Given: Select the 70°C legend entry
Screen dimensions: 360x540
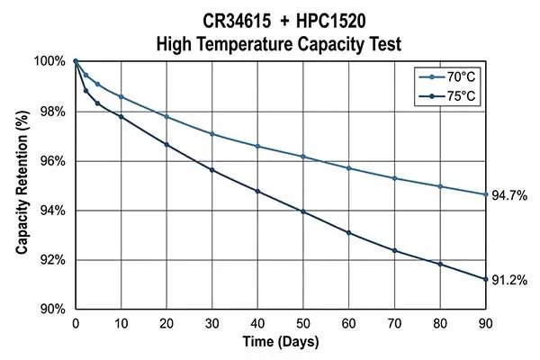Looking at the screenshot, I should click(x=453, y=77).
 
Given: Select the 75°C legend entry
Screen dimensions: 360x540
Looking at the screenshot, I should click(x=453, y=95).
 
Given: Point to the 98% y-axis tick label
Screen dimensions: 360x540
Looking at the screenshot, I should click(x=51, y=112).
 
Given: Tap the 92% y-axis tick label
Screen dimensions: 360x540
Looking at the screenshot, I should click(x=51, y=260).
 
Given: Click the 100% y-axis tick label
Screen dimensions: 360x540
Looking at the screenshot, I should click(x=49, y=62).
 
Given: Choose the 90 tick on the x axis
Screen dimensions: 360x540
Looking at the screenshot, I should click(x=486, y=323).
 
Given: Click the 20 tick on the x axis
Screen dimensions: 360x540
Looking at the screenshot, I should click(x=166, y=323).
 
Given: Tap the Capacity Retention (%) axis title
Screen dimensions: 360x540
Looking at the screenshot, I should click(x=21, y=184).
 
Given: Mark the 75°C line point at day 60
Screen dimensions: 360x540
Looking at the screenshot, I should click(x=349, y=233).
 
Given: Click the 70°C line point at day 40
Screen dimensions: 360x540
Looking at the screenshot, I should click(x=258, y=146).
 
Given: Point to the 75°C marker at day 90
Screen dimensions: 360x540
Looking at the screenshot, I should click(x=486, y=279).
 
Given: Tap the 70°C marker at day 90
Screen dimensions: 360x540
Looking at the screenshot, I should click(x=486, y=194).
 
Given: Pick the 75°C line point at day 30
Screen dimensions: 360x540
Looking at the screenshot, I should click(x=212, y=170).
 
